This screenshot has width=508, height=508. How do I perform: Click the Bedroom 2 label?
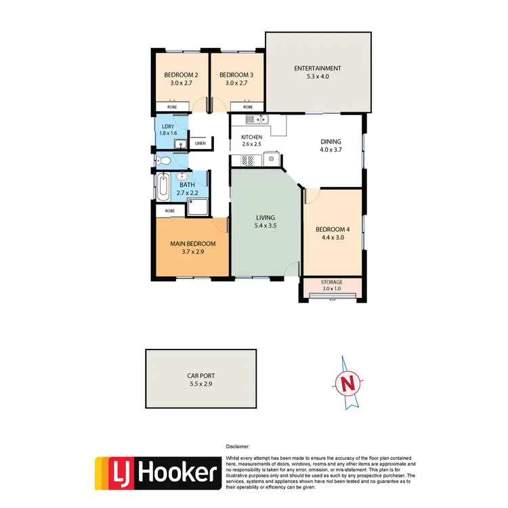[x=181, y=75]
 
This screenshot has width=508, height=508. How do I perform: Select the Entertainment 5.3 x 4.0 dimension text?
[x=317, y=77]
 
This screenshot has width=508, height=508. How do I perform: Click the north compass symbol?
[x=350, y=383]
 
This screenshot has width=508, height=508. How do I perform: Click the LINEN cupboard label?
[x=200, y=143]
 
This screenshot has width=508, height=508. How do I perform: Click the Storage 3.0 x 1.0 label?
[x=332, y=285]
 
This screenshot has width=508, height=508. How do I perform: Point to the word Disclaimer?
[x=238, y=447]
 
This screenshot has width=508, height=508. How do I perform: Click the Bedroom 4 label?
[x=332, y=229]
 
